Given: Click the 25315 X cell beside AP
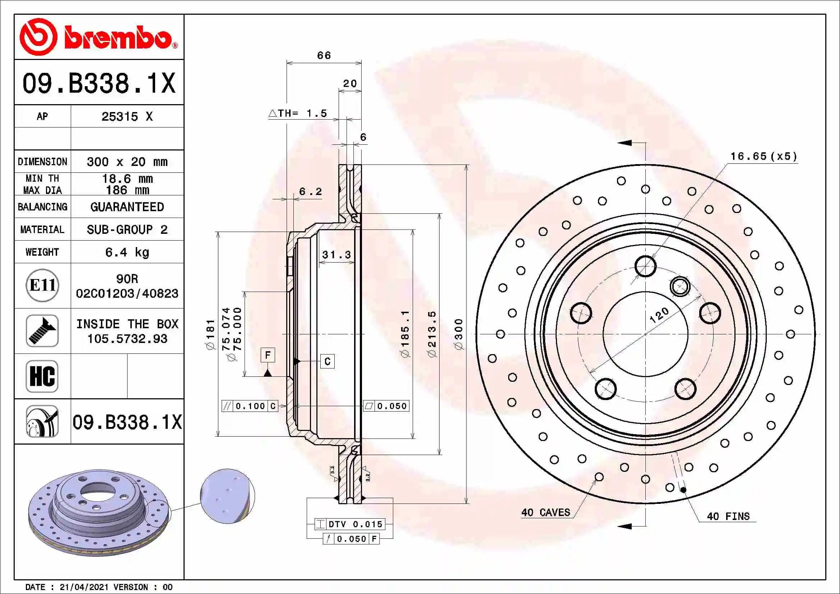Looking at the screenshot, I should (x=127, y=117).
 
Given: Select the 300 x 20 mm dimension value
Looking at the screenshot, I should (x=127, y=162).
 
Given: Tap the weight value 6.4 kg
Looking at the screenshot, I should (x=127, y=252).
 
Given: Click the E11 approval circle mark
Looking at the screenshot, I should (x=42, y=285).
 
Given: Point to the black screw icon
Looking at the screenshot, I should (x=42, y=331).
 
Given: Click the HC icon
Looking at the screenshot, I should (x=42, y=376).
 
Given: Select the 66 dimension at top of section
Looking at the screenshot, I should (x=324, y=56).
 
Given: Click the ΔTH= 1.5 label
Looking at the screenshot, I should (x=298, y=113).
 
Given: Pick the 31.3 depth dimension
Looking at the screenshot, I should (x=336, y=255).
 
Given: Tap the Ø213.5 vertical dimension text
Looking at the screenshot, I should (x=432, y=334).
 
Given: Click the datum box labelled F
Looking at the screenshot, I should (x=268, y=355).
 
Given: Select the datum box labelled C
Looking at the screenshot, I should (x=328, y=361).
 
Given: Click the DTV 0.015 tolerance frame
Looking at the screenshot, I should (x=350, y=524).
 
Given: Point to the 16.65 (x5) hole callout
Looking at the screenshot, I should (x=764, y=157).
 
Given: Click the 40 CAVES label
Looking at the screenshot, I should (x=546, y=512).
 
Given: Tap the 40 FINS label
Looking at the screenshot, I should (x=728, y=516).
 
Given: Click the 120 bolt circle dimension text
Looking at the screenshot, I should (x=659, y=315).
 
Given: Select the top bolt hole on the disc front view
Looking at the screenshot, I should (x=645, y=266).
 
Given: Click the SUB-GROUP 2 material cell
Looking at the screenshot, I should (x=127, y=229).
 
